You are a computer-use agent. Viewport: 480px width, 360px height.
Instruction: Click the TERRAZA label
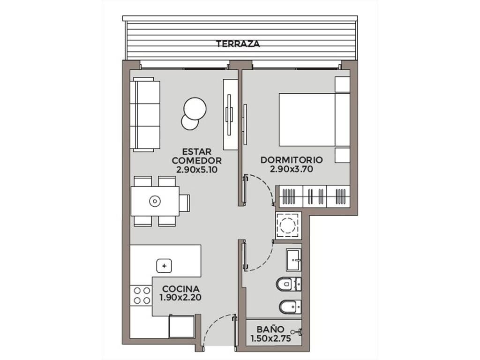(238, 44)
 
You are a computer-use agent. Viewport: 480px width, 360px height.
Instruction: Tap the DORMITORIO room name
(292, 160)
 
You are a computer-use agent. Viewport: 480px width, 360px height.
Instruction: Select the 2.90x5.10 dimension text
(197, 170)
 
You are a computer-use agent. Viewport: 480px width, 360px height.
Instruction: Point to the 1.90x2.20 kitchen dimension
(180, 297)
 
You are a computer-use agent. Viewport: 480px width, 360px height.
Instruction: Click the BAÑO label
(270, 330)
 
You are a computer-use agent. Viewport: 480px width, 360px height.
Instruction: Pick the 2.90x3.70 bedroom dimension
(292, 169)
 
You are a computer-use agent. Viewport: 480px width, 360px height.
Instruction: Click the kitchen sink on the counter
(164, 266)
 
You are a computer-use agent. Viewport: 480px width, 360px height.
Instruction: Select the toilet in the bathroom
(289, 284)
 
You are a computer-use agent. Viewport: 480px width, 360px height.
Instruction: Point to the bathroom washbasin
(293, 260)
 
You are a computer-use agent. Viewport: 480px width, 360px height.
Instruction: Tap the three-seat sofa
(145, 114)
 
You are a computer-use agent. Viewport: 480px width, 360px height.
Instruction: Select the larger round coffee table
(195, 109)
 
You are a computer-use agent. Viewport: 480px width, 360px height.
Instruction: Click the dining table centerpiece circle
(155, 201)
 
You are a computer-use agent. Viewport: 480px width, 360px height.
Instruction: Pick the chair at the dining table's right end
(184, 202)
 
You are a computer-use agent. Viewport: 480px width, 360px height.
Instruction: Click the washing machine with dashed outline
(288, 225)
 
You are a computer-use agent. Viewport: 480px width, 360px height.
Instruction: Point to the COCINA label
(181, 289)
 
